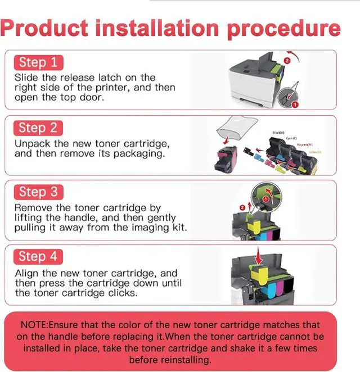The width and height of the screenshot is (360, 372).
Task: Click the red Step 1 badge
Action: point(38,62)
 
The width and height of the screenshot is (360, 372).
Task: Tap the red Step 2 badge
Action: point(38,128)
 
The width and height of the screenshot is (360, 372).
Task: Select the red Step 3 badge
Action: point(38,192)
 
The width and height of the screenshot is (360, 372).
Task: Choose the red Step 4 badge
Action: point(38,257)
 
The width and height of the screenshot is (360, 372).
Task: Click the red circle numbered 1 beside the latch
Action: point(295,104)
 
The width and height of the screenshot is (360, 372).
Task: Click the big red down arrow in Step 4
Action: point(260,257)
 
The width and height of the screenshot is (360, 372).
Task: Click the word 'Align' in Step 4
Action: point(27,273)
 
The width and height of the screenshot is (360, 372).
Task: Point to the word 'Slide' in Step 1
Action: point(26,78)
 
